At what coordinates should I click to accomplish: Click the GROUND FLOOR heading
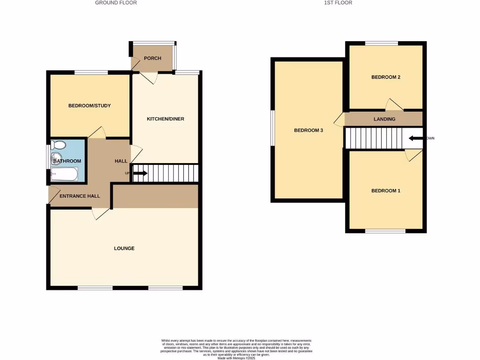[x=116, y=3]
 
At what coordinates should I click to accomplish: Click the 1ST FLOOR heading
[x=337, y=3]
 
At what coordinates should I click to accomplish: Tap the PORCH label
[x=152, y=59]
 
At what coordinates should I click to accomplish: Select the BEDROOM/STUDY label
[x=90, y=106]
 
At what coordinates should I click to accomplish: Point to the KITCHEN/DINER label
[x=165, y=119]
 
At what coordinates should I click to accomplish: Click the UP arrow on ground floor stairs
[x=140, y=173]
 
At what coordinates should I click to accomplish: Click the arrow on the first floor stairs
[x=415, y=139]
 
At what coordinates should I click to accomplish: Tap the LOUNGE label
[x=124, y=248]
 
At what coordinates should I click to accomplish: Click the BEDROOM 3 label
[x=309, y=130]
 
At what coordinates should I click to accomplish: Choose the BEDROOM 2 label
[x=386, y=77]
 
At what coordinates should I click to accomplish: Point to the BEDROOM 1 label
[x=386, y=191]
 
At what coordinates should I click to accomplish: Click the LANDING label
[x=384, y=119]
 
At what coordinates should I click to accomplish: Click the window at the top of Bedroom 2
[x=382, y=44]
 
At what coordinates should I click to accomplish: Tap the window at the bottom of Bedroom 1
[x=385, y=231]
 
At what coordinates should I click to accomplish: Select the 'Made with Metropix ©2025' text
[x=236, y=358]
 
